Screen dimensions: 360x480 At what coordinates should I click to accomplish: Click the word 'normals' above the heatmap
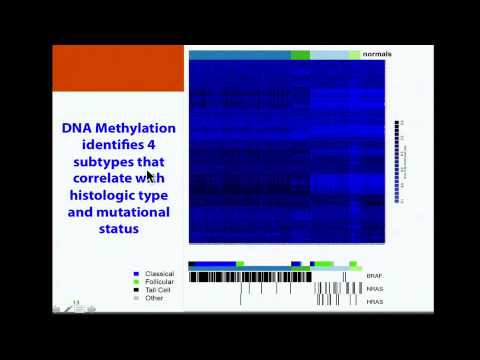376,54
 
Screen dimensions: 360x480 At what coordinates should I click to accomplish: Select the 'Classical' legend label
160,273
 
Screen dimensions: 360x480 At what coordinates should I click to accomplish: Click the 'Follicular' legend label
160,281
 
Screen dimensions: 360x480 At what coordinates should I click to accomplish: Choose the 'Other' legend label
155,297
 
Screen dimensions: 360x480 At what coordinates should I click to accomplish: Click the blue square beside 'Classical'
136,273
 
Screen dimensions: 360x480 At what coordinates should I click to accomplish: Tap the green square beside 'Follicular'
136,281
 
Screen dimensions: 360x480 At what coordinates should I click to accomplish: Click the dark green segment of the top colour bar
300,54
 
